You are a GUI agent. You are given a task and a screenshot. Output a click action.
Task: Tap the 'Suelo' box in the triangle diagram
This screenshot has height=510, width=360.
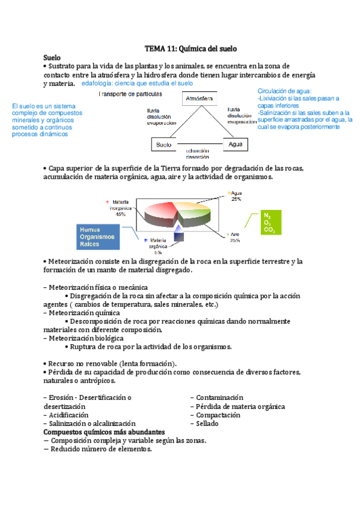point(163,145)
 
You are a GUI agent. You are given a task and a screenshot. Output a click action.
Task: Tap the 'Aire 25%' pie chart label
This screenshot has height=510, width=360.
point(234,236)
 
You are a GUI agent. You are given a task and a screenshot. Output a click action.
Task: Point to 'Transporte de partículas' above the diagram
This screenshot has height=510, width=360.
point(129,94)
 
